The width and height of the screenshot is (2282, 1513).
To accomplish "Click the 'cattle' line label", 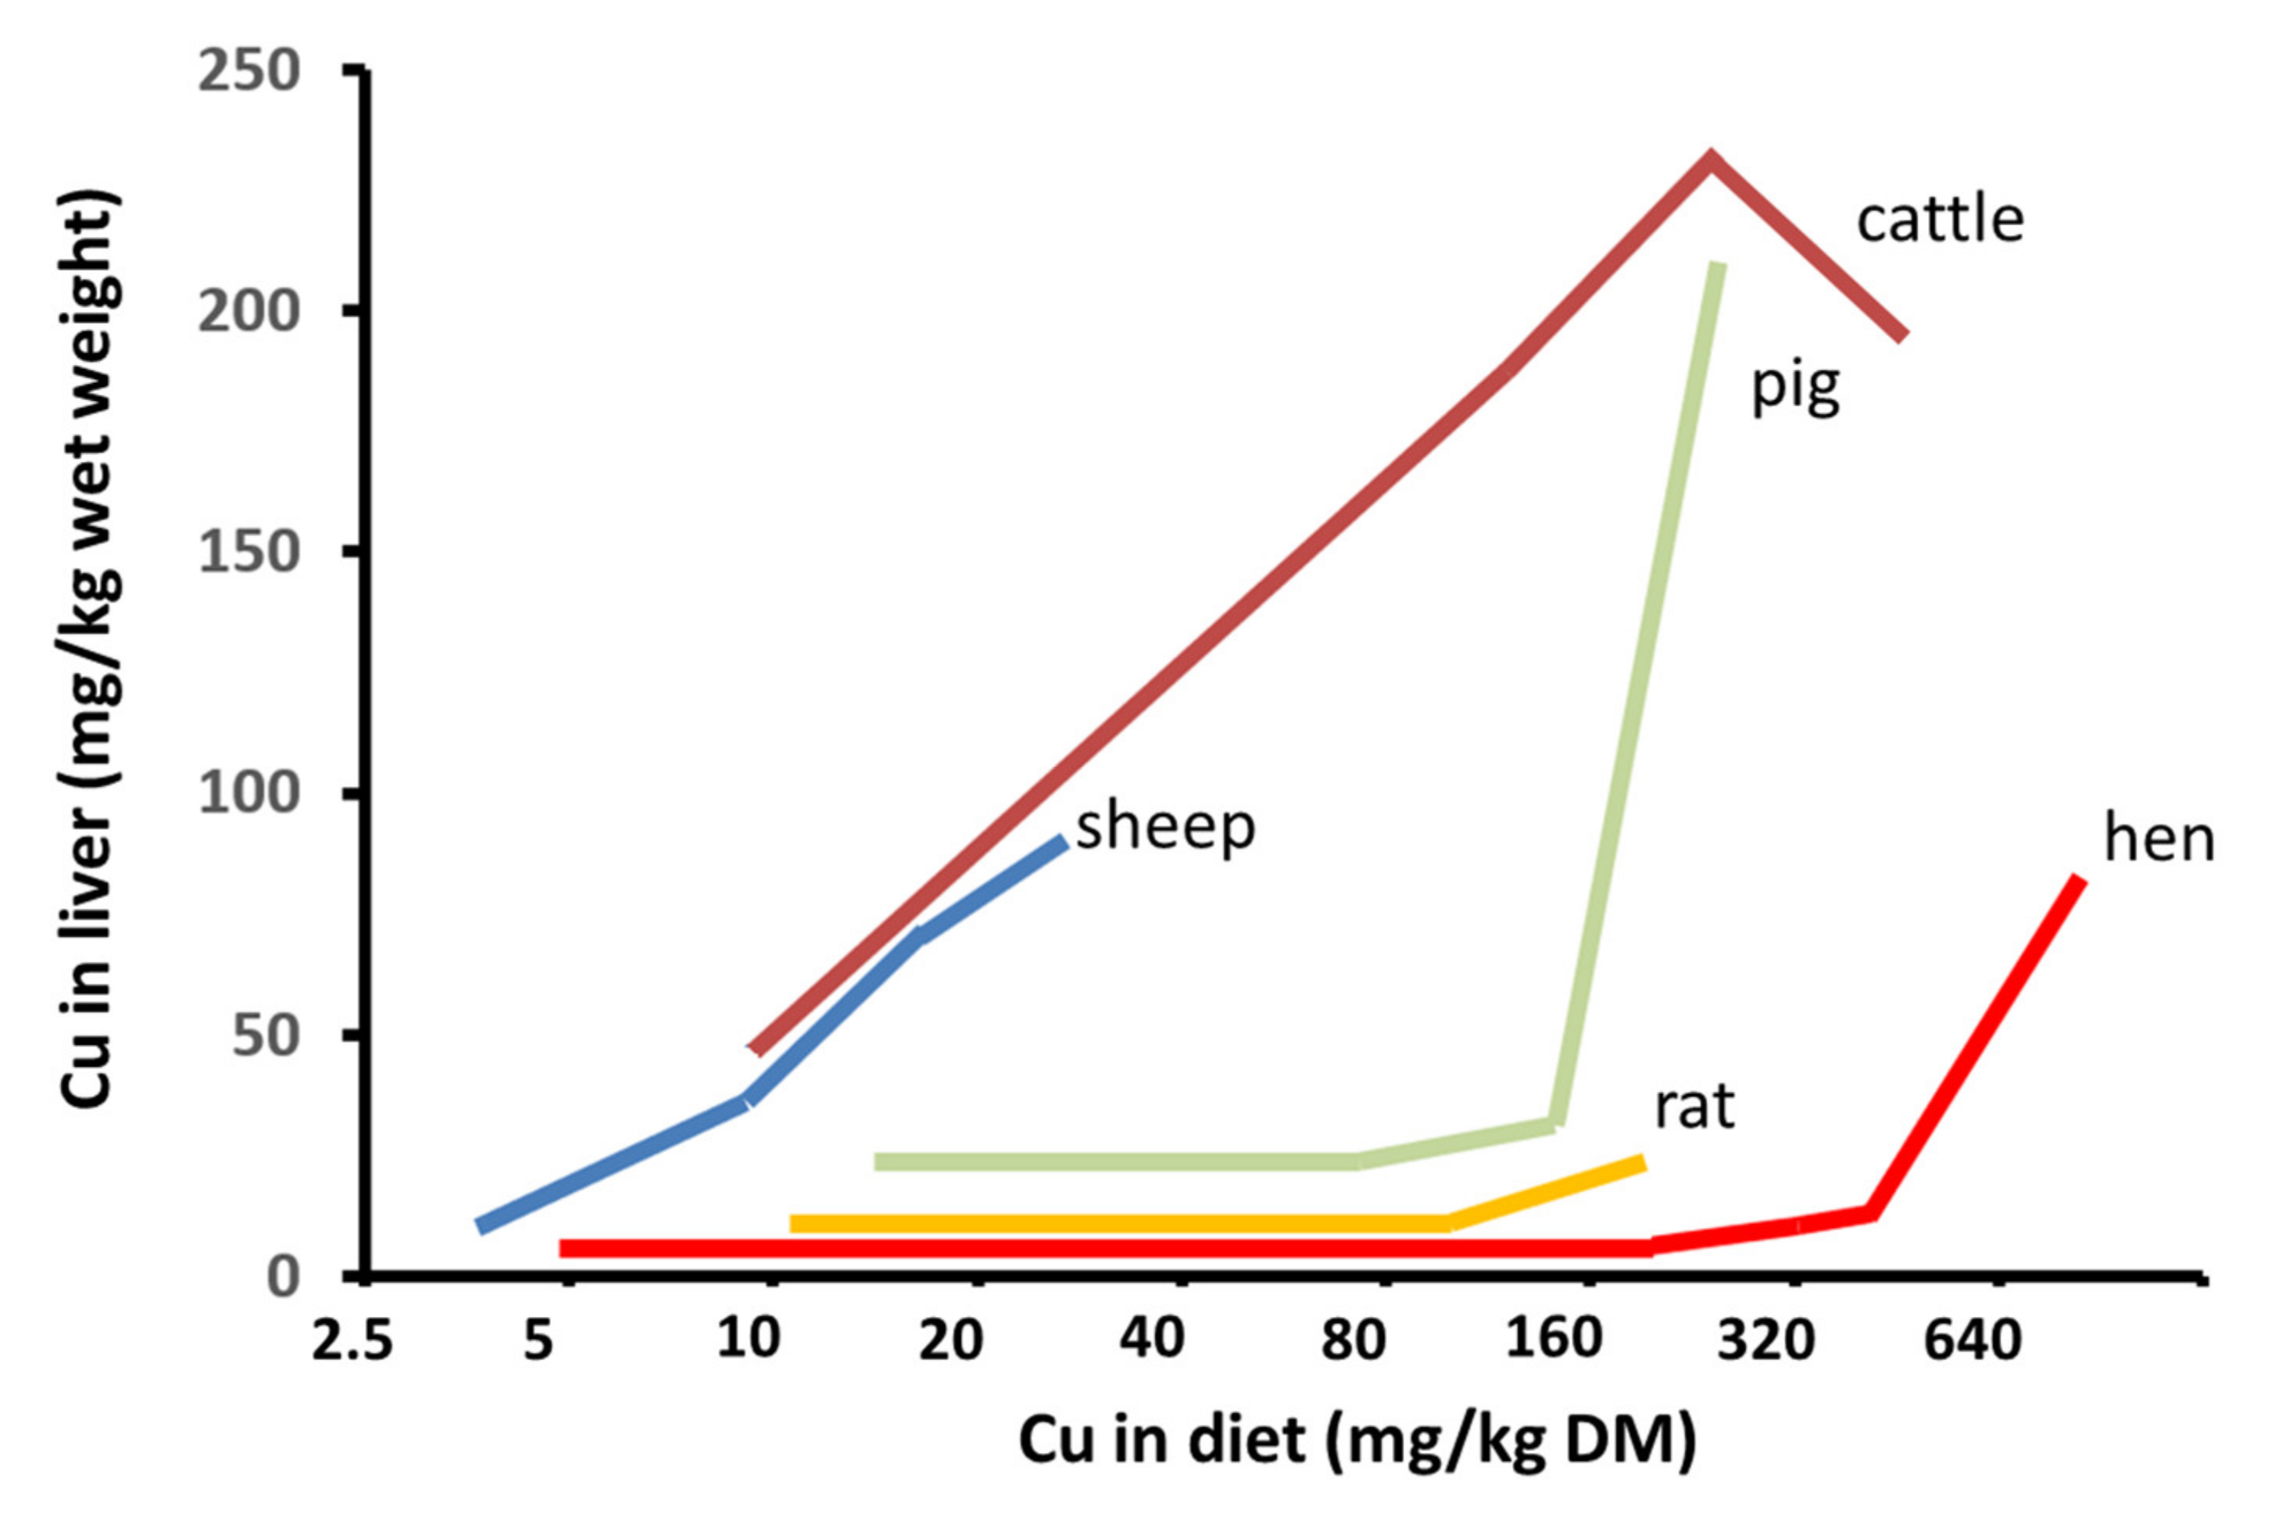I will (1940, 221).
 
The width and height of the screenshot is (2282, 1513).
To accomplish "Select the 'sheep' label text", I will (1165, 827).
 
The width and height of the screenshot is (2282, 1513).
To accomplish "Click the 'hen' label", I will (2159, 839).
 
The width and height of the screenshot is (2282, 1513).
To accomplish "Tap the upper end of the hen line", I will (2080, 880).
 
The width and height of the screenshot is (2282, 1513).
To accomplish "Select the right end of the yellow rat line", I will (1642, 1163).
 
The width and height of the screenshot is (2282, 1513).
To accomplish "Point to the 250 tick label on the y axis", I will (248, 73).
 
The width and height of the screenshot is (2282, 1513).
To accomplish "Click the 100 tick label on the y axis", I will (248, 794).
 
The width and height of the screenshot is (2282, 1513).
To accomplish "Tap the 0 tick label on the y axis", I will (282, 1277).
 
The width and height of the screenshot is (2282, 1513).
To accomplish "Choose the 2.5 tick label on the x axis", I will (352, 1341).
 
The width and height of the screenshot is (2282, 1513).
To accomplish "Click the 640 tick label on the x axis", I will (1971, 1341).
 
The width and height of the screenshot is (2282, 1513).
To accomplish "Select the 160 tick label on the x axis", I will (1554, 1341).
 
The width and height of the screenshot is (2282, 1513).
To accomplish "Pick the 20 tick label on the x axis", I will (950, 1341).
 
